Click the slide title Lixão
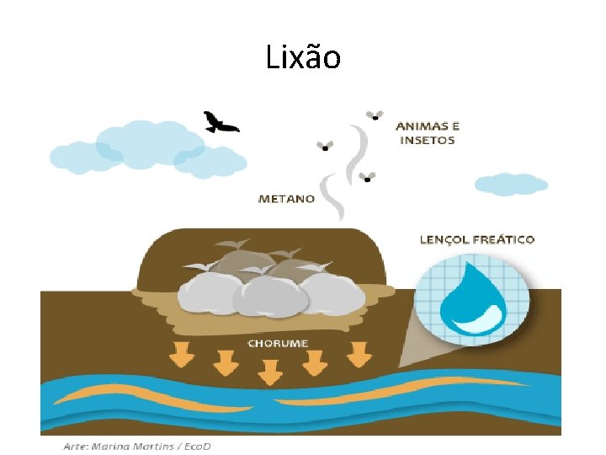303,57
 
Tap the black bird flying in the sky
221,123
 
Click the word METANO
286,200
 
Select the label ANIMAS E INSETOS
427,133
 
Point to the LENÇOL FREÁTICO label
476,239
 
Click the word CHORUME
278,344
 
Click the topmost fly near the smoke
374,115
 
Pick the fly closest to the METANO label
367,178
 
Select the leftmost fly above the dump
325,146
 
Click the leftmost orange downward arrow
181,356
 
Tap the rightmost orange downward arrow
359,356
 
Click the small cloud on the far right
510,184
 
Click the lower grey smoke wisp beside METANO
331,195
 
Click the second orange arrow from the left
225,363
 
